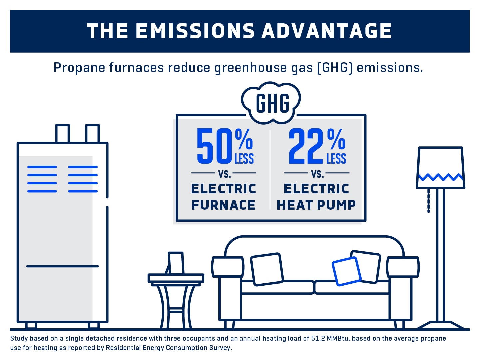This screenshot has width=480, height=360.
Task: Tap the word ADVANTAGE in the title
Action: click(327, 31)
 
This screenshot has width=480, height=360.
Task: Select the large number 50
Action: click(214, 146)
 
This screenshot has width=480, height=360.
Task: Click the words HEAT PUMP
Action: click(316, 205)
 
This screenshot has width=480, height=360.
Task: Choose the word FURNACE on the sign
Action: click(223, 205)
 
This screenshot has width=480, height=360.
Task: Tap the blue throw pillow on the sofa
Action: click(347, 271)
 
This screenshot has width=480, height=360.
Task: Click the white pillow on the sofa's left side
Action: click(267, 269)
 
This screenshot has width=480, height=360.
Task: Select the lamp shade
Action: click(440, 168)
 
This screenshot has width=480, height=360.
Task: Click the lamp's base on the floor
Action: click(440, 325)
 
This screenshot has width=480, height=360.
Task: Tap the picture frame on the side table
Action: click(176, 263)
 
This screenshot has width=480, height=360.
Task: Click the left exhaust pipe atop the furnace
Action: click(62, 134)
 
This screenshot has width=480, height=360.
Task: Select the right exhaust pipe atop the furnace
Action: click(92, 134)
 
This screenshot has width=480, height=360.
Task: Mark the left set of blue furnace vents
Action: click(42, 179)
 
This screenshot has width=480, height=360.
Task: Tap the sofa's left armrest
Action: click(228, 267)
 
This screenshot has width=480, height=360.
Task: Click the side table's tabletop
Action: click(176, 278)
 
